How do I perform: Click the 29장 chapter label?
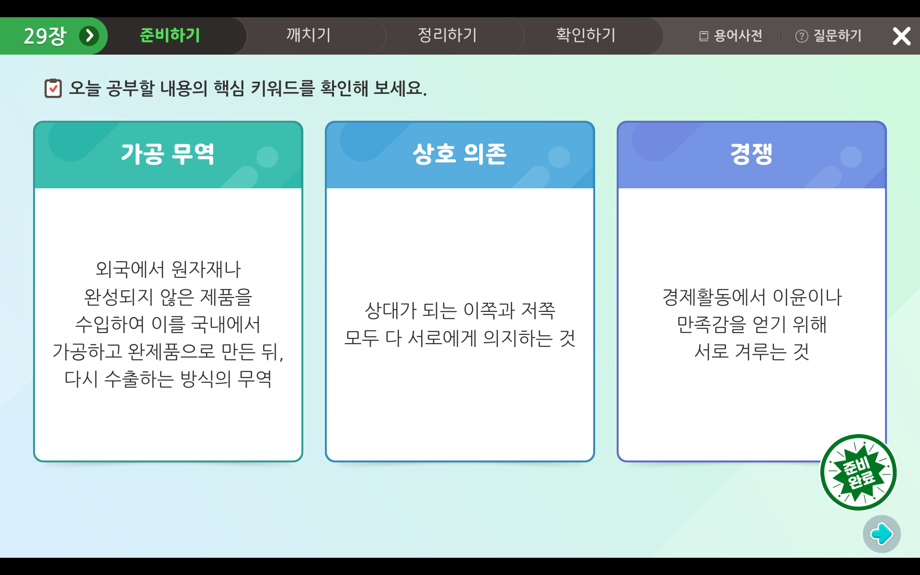[45, 36]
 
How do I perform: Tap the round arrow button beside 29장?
[89, 36]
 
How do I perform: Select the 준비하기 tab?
[170, 35]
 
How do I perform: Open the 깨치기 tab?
[309, 35]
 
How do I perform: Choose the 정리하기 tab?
[447, 35]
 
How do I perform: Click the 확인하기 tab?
[586, 35]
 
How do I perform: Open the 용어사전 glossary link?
[731, 36]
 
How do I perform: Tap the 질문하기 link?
[828, 36]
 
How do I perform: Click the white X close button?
[901, 36]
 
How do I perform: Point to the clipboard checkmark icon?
[53, 88]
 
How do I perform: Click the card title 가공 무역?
[168, 154]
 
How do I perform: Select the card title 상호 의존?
[460, 154]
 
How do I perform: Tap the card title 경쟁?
[751, 154]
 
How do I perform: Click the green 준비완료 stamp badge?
[858, 472]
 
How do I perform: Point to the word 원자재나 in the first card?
[206, 269]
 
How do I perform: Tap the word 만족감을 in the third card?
[712, 324]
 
